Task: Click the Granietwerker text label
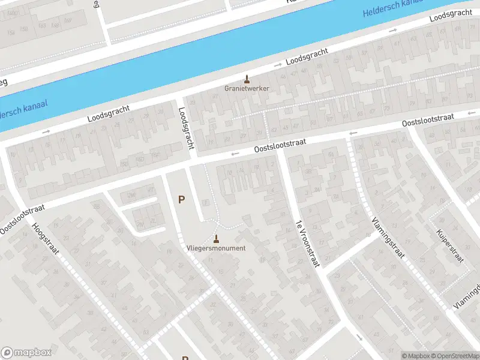pos(247,88)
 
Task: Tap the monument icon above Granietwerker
pos(247,78)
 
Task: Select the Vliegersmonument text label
pos(215,248)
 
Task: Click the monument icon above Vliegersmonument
pos(216,238)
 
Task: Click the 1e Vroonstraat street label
pos(307,243)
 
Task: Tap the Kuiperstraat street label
pos(451,247)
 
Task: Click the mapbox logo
pos(26,353)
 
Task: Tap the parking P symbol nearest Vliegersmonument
pos(181,199)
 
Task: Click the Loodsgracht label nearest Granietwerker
pos(307,58)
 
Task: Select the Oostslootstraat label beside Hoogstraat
pos(23,218)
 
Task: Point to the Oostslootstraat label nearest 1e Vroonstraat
pos(280,145)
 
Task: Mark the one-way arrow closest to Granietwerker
pos(277,65)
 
